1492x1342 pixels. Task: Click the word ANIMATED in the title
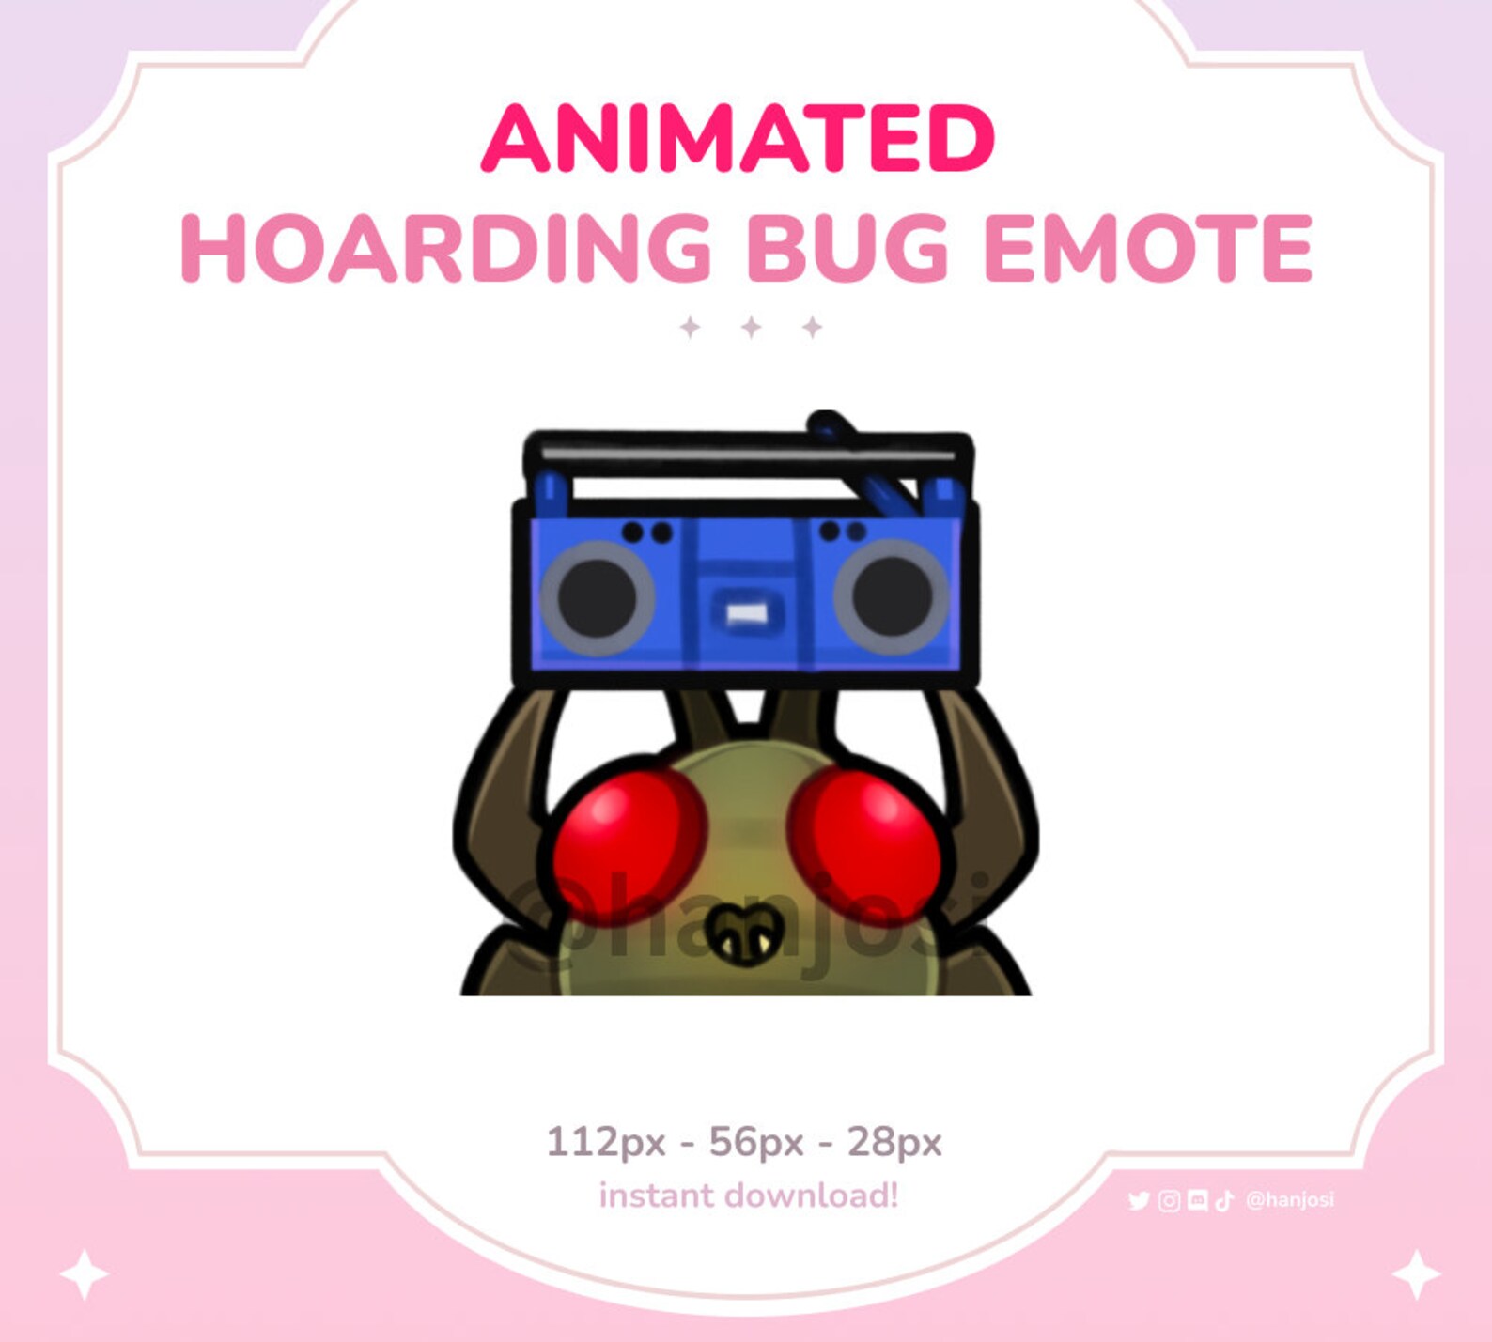pos(738,138)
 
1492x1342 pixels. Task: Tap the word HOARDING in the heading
pos(445,248)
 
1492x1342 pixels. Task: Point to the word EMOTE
pos(1147,248)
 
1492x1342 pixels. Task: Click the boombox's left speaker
pos(598,597)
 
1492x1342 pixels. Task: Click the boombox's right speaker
pos(891,597)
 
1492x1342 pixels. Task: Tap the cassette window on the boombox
pos(747,614)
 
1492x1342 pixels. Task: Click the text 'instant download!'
pos(749,1195)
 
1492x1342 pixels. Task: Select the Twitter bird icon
pos(1139,1201)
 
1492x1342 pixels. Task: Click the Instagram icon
pos(1169,1201)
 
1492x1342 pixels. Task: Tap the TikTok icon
pos(1223,1201)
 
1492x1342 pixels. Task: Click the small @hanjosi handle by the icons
pos(1289,1200)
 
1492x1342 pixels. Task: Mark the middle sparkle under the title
pos(751,327)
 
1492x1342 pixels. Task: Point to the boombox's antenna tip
pos(824,419)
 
